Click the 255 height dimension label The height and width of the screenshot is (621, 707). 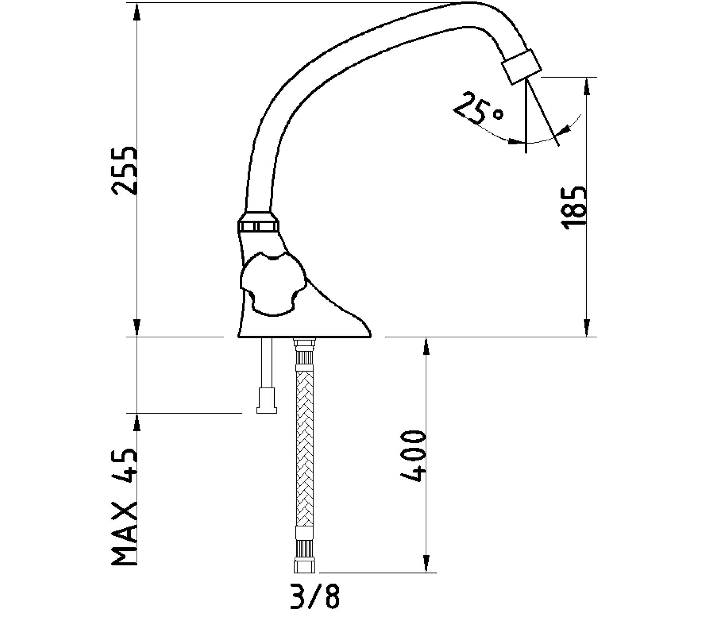(124, 170)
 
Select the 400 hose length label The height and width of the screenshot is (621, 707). (412, 456)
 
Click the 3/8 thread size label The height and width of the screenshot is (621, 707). (314, 596)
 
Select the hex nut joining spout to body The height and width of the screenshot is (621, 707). (258, 222)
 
